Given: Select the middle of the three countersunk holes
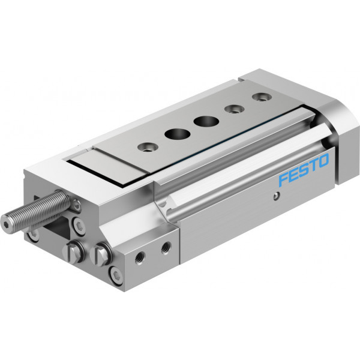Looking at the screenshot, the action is pyautogui.click(x=234, y=109).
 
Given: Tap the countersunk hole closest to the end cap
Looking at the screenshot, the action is pyautogui.click(x=262, y=97).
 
